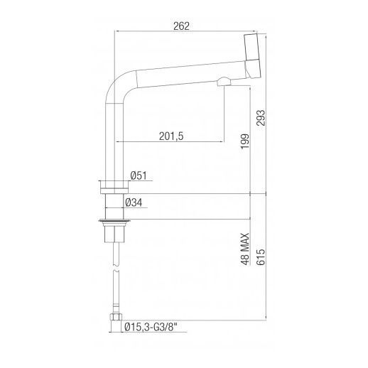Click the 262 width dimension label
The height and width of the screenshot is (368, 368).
[x=181, y=26]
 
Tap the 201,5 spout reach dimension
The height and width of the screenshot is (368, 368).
[x=171, y=136]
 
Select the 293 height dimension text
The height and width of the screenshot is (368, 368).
[x=261, y=118]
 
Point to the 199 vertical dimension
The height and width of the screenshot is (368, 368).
[x=245, y=141]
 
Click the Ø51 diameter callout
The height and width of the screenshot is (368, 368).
[x=139, y=175]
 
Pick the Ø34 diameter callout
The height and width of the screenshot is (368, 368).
[x=134, y=202]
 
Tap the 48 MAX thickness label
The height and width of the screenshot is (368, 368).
[x=245, y=249]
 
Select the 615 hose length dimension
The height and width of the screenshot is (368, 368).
[x=261, y=257]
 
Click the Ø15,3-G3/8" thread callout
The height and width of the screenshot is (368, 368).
[x=151, y=328]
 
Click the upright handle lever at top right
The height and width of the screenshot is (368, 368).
[x=253, y=47]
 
